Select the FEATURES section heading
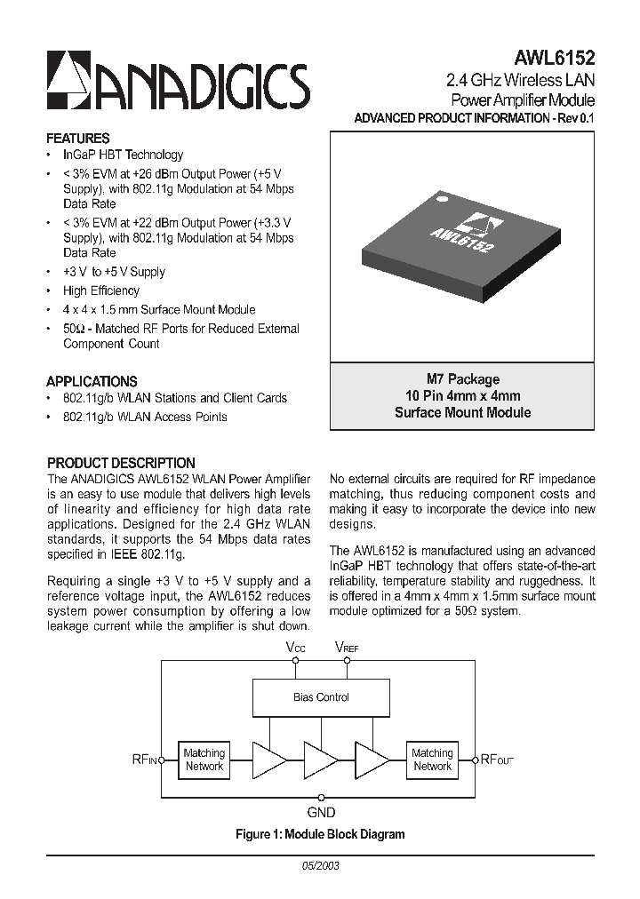(78, 139)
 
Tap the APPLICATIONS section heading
(92, 381)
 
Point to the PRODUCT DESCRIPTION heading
(121, 463)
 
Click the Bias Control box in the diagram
(321, 697)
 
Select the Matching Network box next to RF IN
(204, 760)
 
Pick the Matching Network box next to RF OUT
(432, 760)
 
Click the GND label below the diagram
(321, 812)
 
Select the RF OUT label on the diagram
(497, 760)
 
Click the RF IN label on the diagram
(145, 760)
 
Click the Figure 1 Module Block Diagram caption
(320, 834)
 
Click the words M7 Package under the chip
(462, 378)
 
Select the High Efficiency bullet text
(101, 290)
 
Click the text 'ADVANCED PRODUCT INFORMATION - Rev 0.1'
(475, 118)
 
